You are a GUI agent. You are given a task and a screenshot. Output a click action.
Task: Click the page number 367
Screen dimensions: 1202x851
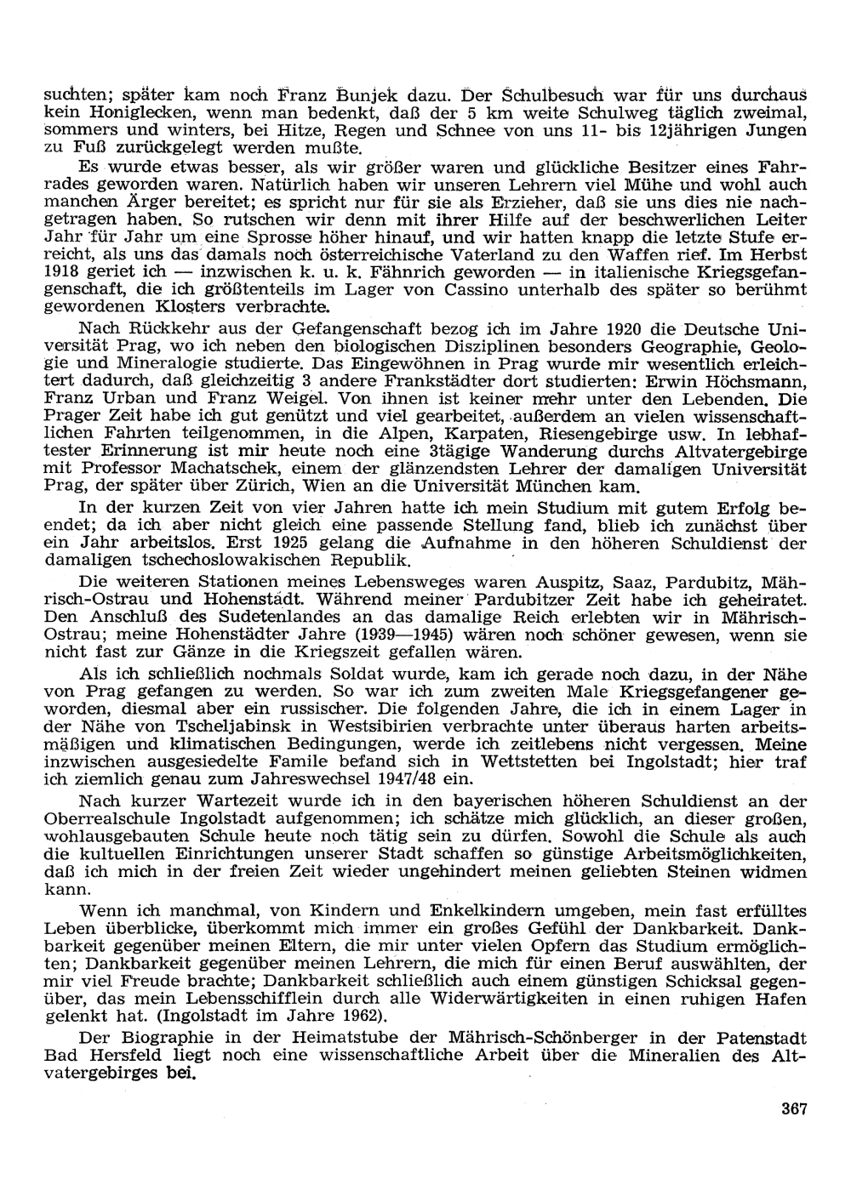pos(792,1108)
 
